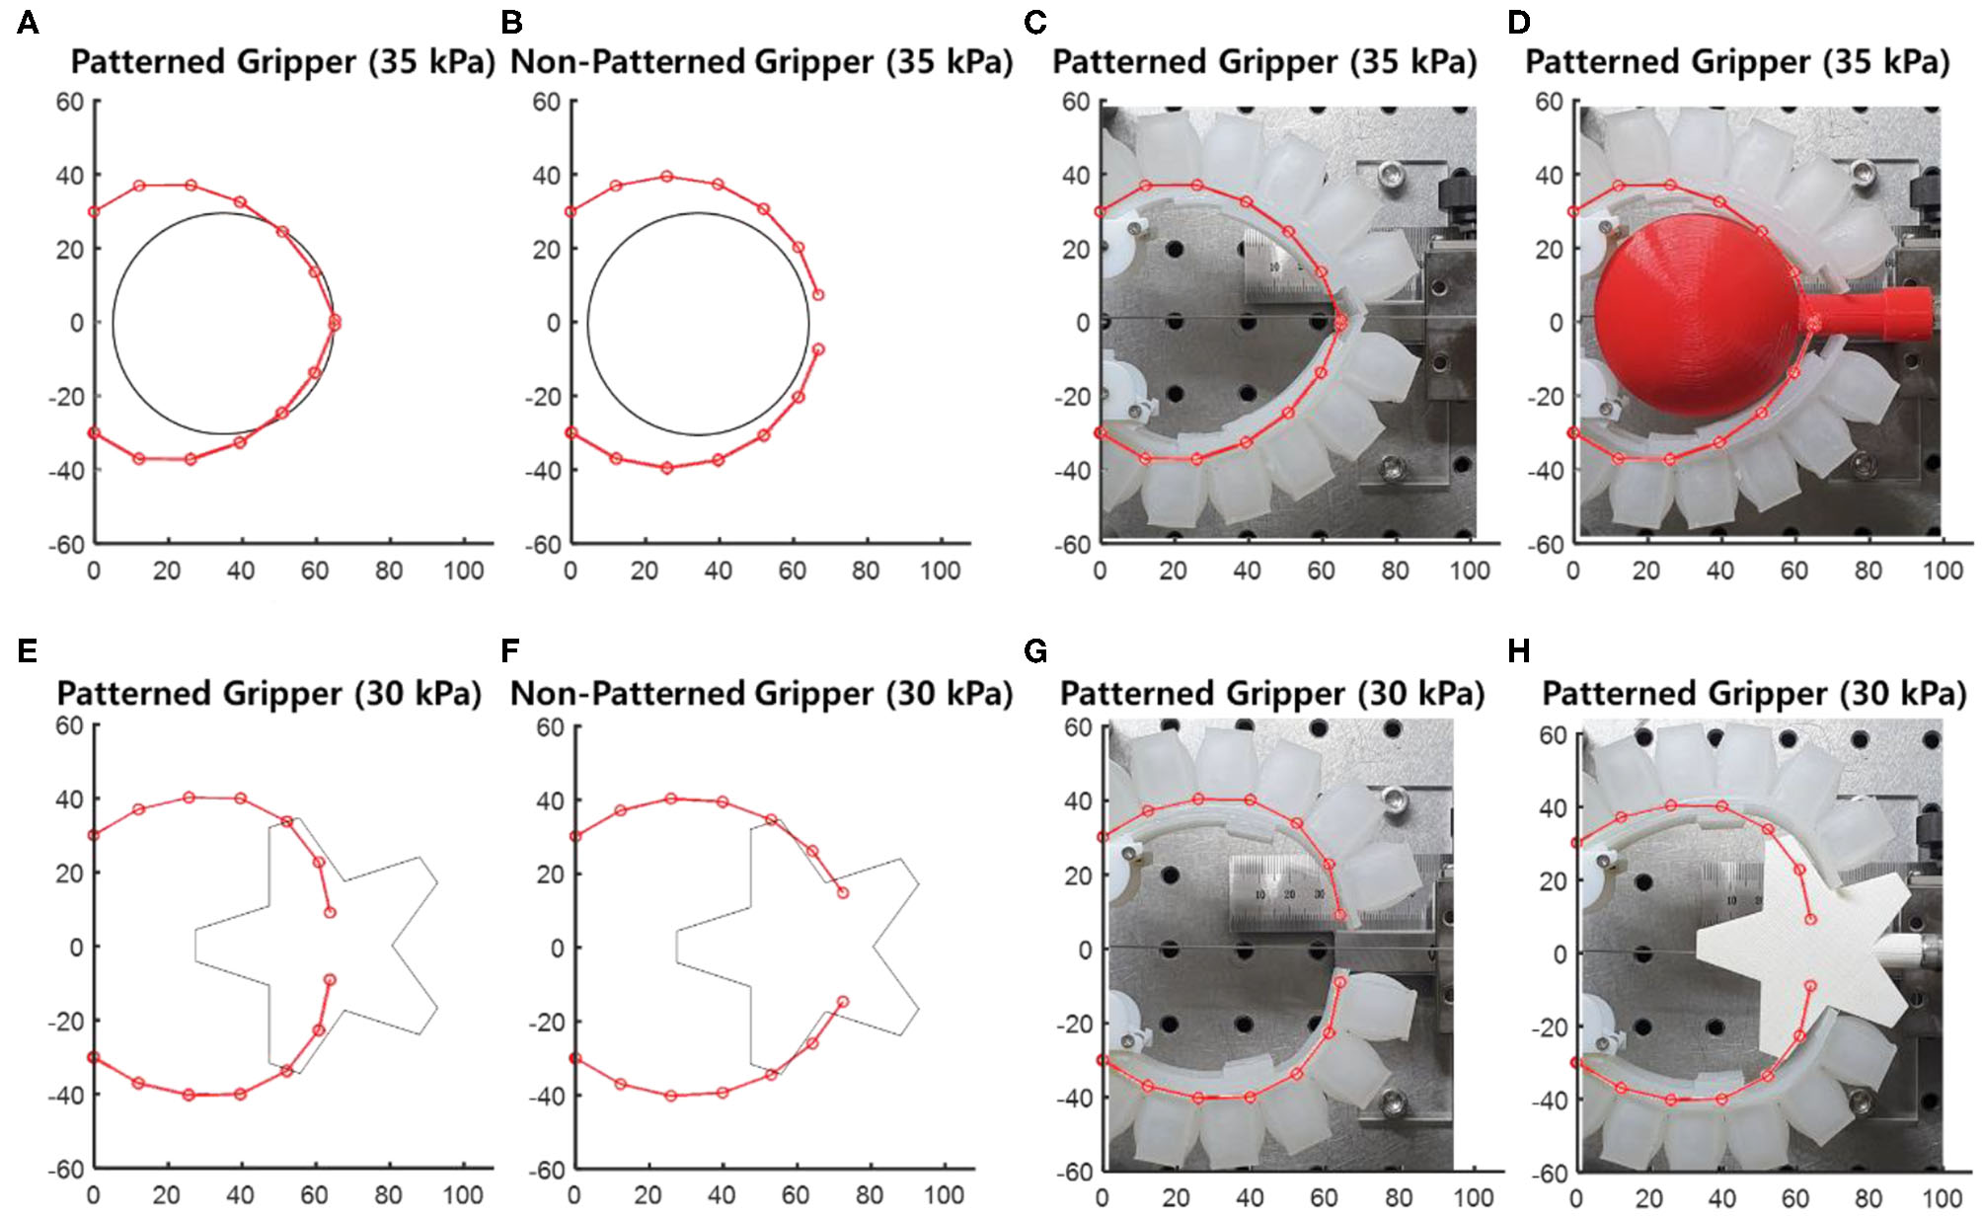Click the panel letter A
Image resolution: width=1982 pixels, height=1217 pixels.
(28, 22)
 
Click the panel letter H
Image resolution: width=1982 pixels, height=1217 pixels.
(1519, 651)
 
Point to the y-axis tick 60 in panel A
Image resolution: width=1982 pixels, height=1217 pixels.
(69, 102)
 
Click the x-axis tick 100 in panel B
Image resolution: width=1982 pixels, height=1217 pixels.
(940, 570)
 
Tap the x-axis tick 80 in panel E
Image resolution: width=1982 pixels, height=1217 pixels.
(388, 1195)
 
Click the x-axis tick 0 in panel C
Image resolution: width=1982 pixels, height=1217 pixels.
(1100, 570)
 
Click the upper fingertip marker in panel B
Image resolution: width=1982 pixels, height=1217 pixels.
(817, 295)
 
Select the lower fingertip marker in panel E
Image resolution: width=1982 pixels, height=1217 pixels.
(330, 979)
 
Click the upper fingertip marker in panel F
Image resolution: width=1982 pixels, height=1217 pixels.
(843, 892)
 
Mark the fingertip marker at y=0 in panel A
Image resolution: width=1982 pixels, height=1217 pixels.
(335, 322)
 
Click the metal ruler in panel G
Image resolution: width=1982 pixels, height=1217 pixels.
(1283, 893)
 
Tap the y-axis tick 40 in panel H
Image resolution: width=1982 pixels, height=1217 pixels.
(1553, 808)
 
